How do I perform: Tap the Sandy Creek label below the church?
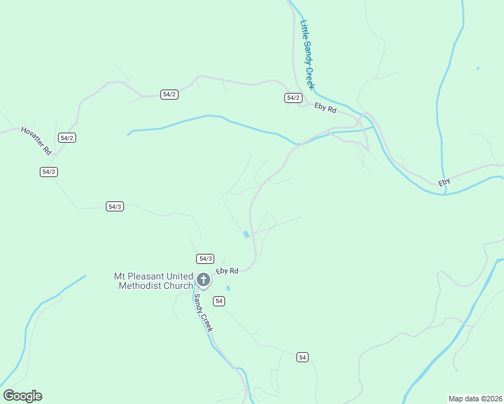tap(203, 312)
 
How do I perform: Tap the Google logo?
tap(22, 396)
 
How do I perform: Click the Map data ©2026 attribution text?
tap(475, 398)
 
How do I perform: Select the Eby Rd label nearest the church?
tap(227, 271)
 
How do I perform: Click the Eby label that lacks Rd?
tap(444, 182)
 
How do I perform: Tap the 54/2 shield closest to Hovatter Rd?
tap(67, 137)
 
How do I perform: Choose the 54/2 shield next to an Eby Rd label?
tap(292, 98)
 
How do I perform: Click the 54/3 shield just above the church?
tap(206, 259)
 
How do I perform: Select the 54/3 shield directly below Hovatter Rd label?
tap(49, 172)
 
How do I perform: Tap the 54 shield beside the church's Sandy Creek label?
tap(218, 300)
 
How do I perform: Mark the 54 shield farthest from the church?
tap(303, 357)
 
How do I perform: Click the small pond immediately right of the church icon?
tap(228, 288)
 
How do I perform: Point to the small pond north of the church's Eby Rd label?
tap(246, 234)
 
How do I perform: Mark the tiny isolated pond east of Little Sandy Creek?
tap(478, 68)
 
